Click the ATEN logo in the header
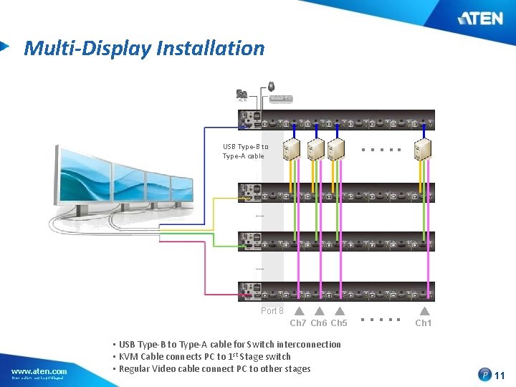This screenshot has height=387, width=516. tap(482, 17)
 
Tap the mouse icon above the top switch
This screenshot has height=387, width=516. tap(272, 87)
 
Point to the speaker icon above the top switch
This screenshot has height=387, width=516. tap(242, 94)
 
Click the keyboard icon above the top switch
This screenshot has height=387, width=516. tap(280, 98)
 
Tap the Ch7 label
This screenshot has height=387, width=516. tap(297, 323)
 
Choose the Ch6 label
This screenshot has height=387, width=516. tap(318, 323)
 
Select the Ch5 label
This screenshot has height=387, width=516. tap(339, 323)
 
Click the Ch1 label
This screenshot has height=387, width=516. tap(424, 323)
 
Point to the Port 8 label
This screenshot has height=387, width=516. tap(272, 311)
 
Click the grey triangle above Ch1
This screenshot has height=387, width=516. tap(424, 311)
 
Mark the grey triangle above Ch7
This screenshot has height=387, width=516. tap(299, 311)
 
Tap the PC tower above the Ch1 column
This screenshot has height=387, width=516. tap(422, 148)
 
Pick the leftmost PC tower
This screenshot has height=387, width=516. tap(291, 148)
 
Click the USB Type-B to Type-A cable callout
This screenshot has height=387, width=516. tap(244, 151)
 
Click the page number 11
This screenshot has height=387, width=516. tap(500, 375)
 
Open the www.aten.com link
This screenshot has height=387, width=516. tap(39, 371)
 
